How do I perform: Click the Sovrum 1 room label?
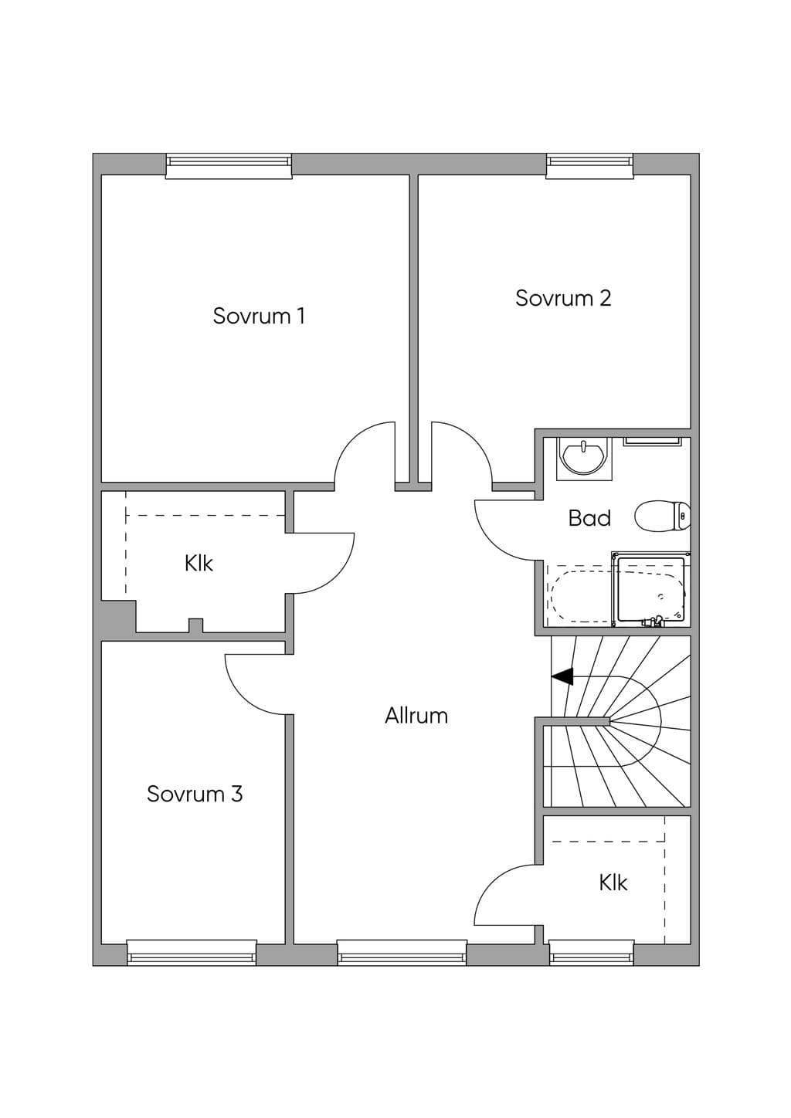pos(259,316)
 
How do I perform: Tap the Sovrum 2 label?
pos(563,298)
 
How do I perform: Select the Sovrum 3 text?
pos(195,794)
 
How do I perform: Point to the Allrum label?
pos(416,716)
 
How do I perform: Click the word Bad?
pos(589,518)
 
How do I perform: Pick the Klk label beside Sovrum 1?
pos(199,564)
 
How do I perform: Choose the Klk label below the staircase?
pos(613,883)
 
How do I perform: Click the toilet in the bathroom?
pos(663,516)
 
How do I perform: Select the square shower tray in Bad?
pos(651,589)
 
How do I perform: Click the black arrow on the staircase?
pos(562,677)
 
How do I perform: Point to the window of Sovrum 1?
pos(229,166)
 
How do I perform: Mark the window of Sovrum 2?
pos(589,166)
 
